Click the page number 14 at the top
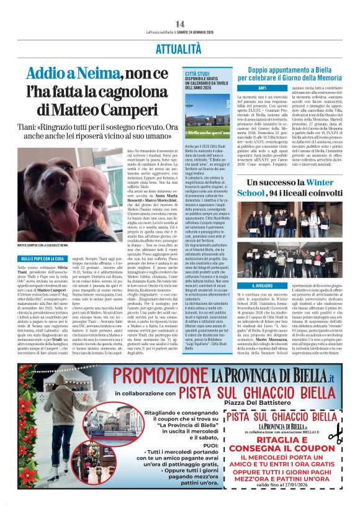click(x=180, y=24)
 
